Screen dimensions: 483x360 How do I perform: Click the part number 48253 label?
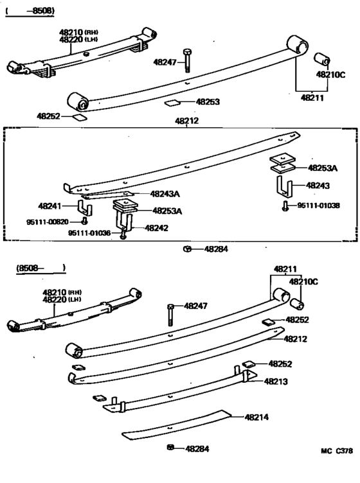coord(208,101)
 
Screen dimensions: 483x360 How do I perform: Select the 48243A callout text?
coord(165,193)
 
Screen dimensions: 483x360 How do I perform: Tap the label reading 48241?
coord(50,206)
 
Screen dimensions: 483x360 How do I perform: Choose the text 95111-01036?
coord(89,233)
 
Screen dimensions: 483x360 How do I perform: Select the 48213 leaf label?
coord(276,381)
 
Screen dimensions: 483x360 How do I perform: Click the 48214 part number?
coord(256,417)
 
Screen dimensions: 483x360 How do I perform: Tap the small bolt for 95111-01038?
coord(284,206)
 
